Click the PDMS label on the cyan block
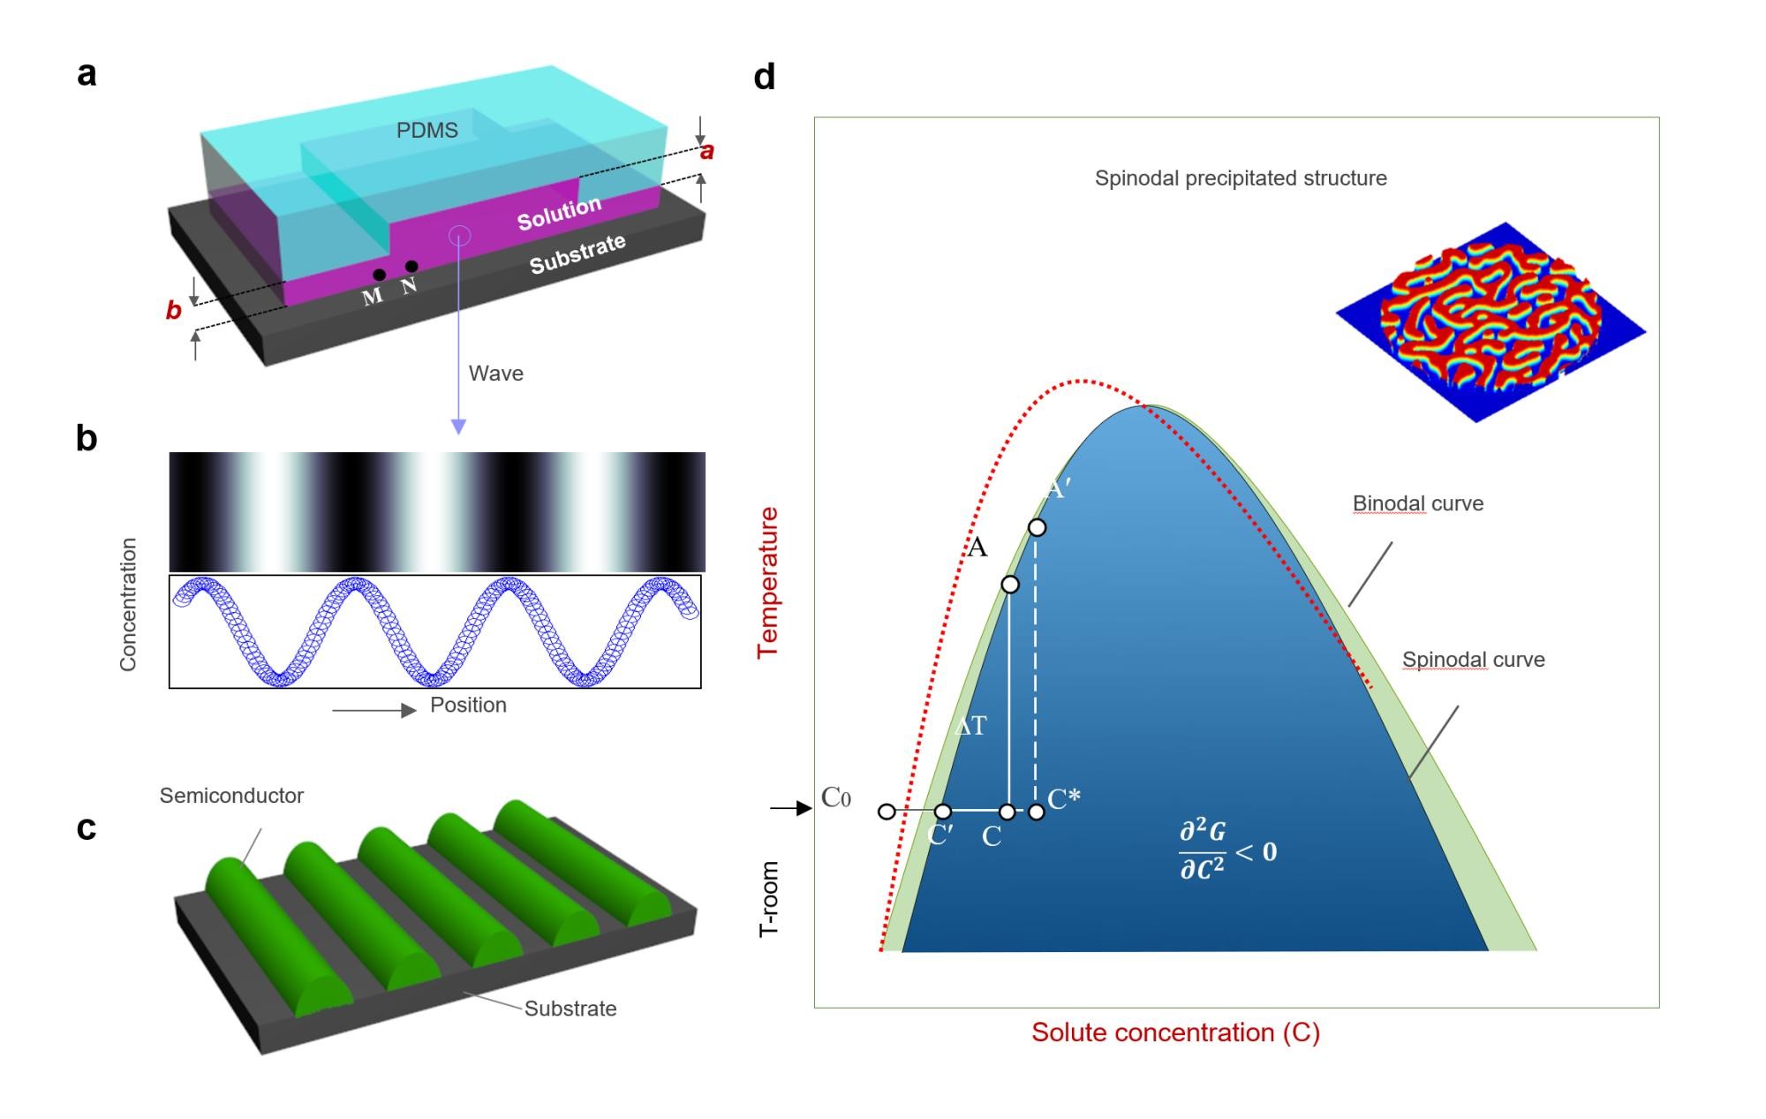pos(426,131)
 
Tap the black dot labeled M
pos(379,276)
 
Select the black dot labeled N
pos(411,267)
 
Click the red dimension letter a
pos(706,152)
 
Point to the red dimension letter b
pos(174,310)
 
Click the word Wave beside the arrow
pos(495,374)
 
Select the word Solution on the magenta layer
pos(559,213)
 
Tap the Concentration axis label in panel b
pos(129,604)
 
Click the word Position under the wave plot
pos(468,705)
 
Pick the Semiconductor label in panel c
pos(231,796)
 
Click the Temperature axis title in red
pos(767,582)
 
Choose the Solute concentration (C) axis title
pos(1175,1032)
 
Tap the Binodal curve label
pos(1417,503)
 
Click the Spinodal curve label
pos(1473,660)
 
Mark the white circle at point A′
pos(1038,527)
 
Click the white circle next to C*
pos(1037,811)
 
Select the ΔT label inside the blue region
pos(970,726)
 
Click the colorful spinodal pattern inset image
pos(1491,321)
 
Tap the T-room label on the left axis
pos(769,899)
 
